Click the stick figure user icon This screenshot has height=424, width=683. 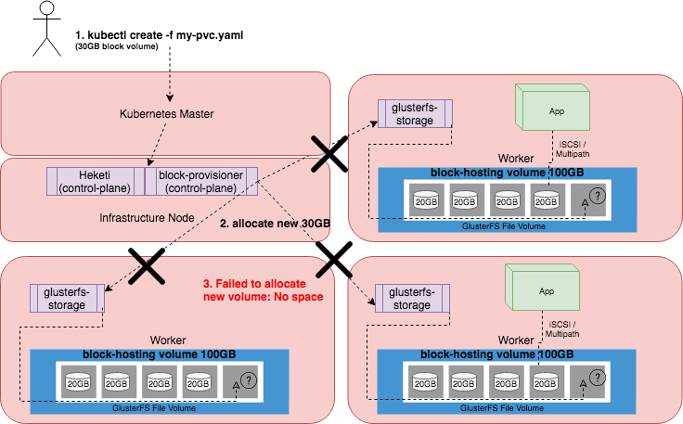(x=40, y=28)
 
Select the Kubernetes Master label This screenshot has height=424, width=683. (x=167, y=114)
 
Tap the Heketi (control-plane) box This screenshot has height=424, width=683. (x=95, y=181)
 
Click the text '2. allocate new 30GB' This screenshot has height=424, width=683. (x=276, y=223)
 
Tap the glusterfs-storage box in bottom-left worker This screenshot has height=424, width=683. (x=66, y=298)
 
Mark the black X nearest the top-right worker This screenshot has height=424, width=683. (x=329, y=154)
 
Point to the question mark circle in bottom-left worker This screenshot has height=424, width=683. (x=248, y=381)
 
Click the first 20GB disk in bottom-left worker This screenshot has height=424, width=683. (x=77, y=381)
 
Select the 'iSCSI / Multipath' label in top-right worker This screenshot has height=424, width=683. (x=573, y=149)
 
